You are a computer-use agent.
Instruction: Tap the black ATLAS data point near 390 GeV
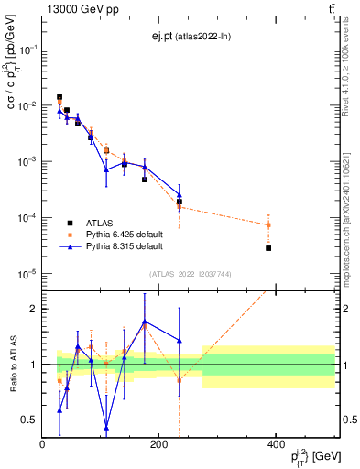click(268, 248)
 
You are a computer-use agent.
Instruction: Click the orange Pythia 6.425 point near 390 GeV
click(268, 224)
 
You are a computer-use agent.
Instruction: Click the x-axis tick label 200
click(159, 444)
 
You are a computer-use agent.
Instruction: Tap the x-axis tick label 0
click(42, 444)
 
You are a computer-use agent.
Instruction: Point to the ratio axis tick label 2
click(33, 309)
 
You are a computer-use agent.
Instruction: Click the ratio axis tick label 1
click(33, 365)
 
